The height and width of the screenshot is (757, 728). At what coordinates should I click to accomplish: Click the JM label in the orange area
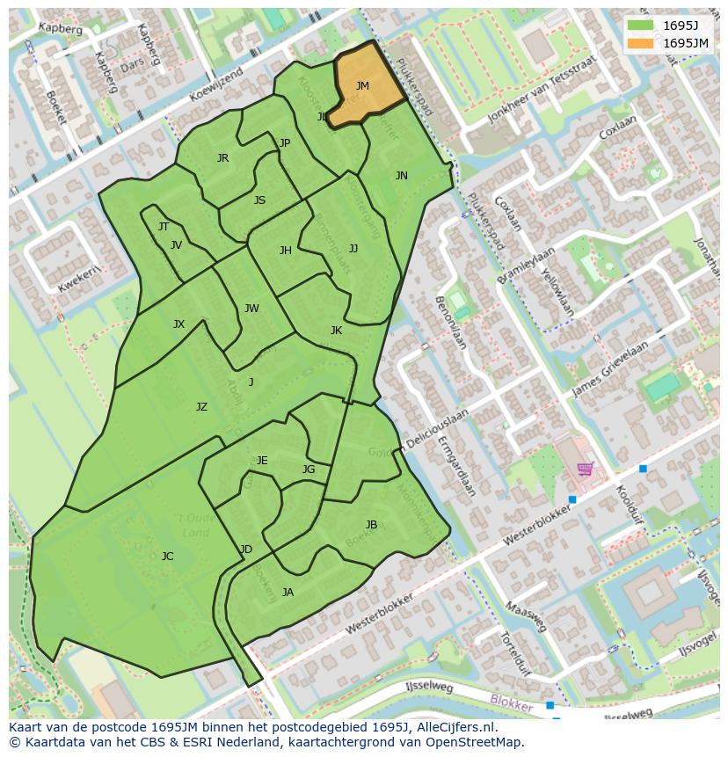tap(362, 86)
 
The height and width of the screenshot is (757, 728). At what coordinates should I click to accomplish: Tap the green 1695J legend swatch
tap(641, 25)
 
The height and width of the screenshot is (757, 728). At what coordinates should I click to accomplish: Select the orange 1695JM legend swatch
tap(641, 42)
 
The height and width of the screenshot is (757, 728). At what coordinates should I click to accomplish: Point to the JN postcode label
tap(402, 176)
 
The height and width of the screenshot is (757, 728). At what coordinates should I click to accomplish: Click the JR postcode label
tap(222, 158)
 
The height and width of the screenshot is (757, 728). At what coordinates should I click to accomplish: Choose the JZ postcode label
tap(201, 407)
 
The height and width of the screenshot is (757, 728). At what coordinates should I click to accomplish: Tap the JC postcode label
tap(167, 557)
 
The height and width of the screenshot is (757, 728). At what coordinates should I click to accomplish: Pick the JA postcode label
tap(288, 593)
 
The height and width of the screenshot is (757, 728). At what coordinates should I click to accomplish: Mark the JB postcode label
tap(371, 525)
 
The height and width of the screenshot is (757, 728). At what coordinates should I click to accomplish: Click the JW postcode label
tap(251, 309)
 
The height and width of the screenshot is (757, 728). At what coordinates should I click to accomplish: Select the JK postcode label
tap(336, 331)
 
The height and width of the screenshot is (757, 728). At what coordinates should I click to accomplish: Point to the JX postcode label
tap(178, 324)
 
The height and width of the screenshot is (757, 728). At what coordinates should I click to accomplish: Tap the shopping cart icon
tap(585, 468)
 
